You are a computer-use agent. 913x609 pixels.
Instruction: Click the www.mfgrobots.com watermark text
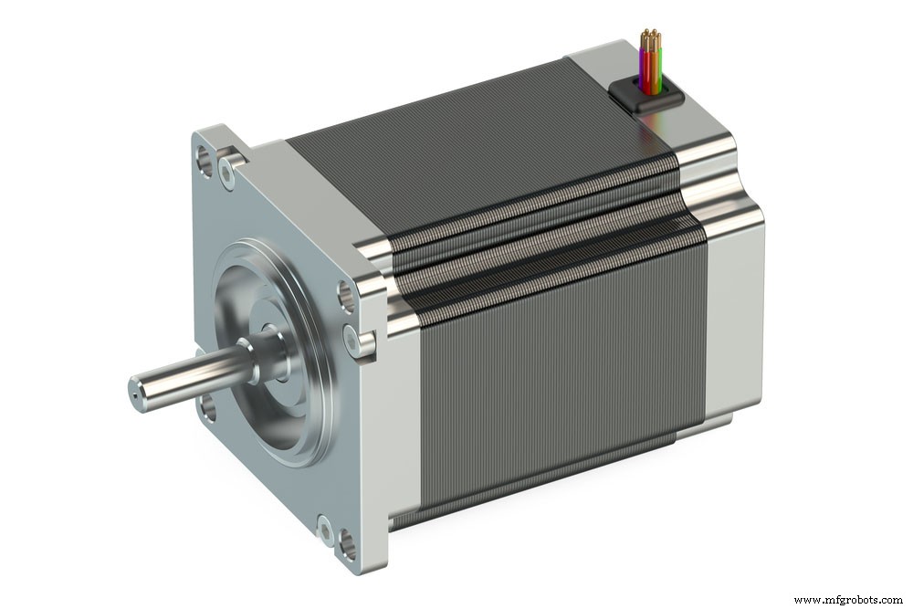(x=850, y=600)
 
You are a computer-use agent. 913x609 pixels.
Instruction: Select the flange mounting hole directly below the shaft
(x=209, y=408)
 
